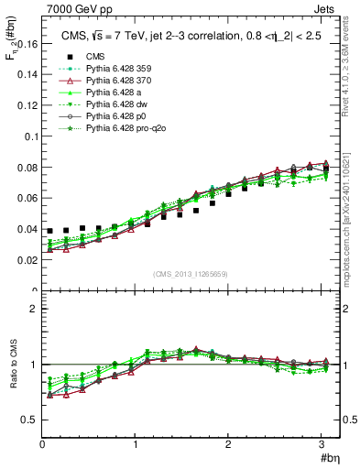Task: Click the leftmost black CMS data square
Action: [x=50, y=231]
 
